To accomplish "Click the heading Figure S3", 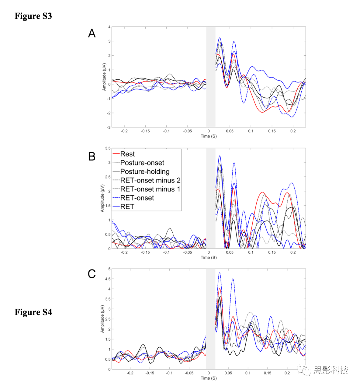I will [x=33, y=16].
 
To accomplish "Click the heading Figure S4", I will [x=33, y=312].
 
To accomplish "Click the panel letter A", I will [x=92, y=33].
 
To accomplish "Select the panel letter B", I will [x=92, y=156].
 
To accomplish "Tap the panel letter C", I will [x=92, y=274].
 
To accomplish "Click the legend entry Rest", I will [x=127, y=154].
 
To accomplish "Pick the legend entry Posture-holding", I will [x=145, y=171].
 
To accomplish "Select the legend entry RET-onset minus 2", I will [x=150, y=180].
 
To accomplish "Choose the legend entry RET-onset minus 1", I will [x=150, y=189].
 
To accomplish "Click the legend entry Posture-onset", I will [x=142, y=163].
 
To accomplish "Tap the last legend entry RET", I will [x=127, y=207].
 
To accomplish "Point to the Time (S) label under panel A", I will [x=209, y=136].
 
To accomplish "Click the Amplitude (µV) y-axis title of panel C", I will [x=103, y=319].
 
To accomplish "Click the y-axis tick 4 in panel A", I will [x=109, y=27].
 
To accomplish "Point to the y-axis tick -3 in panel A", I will [x=108, y=127].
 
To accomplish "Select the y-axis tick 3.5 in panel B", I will [x=108, y=148].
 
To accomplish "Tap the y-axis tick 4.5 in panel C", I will [x=108, y=279].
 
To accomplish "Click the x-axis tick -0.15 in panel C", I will [x=150, y=373].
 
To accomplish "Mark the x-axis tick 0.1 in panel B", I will [x=251, y=253].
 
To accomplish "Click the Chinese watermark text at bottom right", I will [x=330, y=370].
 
